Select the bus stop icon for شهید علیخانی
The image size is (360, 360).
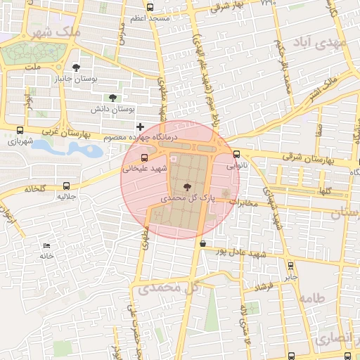145,157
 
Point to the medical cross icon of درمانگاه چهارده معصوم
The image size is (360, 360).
140,125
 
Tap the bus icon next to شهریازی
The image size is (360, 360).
20,130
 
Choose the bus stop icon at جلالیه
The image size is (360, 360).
66,186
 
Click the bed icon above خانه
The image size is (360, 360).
46,245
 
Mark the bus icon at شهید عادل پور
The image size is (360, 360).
202,243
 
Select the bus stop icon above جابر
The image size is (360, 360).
290,266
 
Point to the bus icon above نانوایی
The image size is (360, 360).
236,155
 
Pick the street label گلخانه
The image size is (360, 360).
34,189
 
